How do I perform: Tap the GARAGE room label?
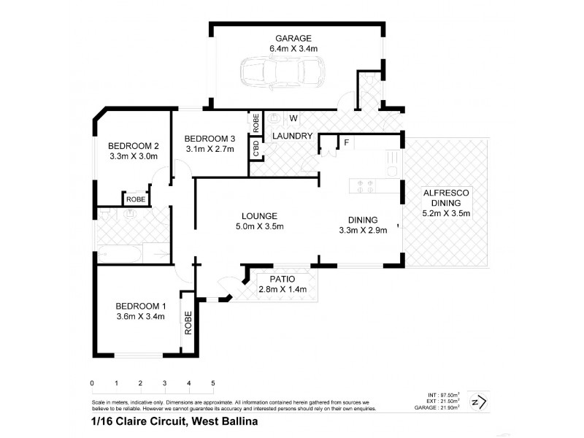click(x=293, y=38)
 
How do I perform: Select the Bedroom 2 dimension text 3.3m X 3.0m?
click(x=134, y=155)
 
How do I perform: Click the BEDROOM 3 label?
click(x=210, y=139)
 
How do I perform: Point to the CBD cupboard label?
click(x=256, y=150)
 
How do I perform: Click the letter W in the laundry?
click(x=293, y=118)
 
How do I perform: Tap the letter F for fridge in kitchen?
click(x=346, y=142)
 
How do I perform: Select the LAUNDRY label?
click(x=293, y=136)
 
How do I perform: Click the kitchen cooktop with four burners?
click(x=364, y=186)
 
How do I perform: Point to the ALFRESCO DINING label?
click(x=449, y=198)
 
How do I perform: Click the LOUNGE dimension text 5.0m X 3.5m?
click(x=259, y=226)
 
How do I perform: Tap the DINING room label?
click(x=363, y=220)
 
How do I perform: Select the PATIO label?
click(x=282, y=278)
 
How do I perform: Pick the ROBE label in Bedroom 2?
click(x=136, y=199)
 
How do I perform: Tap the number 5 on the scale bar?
click(x=212, y=383)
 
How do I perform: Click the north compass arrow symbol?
click(x=475, y=401)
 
